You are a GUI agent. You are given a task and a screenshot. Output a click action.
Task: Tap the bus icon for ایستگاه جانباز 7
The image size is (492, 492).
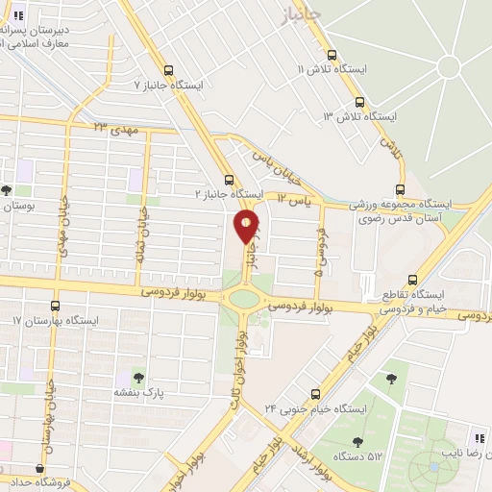point(169,70)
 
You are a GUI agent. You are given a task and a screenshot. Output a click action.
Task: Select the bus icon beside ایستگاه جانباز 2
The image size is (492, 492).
point(229,179)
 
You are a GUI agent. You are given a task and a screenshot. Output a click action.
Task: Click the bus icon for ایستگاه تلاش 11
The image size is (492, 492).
point(332,55)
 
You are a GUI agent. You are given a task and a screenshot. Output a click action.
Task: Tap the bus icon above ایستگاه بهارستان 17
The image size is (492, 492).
point(55,305)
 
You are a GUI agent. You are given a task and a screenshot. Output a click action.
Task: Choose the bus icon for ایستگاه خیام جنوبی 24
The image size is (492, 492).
point(316,394)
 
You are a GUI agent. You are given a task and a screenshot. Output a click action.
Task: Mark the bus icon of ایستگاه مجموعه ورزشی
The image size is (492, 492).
point(401,189)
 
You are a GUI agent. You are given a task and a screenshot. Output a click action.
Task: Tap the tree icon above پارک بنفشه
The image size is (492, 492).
point(139,378)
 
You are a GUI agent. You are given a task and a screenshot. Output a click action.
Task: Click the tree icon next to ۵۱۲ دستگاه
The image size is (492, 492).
point(357,442)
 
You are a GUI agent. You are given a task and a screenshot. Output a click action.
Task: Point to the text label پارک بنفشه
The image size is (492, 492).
point(140,393)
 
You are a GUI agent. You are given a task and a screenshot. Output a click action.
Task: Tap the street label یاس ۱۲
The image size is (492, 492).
point(295,198)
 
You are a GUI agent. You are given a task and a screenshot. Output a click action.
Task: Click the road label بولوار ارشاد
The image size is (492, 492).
point(312,462)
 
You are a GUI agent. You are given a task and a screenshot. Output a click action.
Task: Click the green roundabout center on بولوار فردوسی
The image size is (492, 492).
point(244,299)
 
